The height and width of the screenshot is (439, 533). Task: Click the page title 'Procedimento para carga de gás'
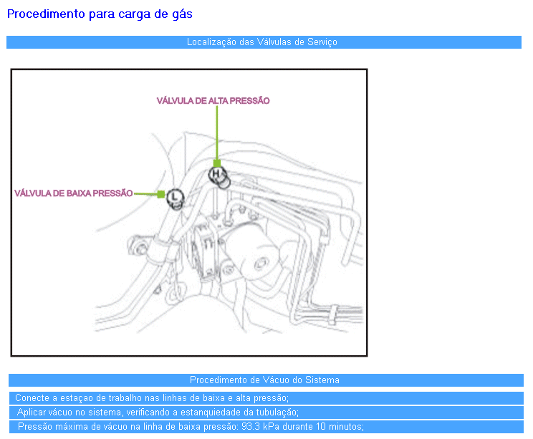(100, 14)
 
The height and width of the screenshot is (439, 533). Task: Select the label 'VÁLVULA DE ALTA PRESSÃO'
(213, 101)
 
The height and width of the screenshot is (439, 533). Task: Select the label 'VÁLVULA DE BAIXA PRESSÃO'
(73, 193)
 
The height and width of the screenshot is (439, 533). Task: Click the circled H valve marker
(216, 174)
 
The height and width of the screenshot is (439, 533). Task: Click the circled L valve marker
(175, 196)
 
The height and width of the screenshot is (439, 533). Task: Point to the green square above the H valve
(217, 163)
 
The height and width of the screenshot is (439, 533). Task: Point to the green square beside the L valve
(161, 194)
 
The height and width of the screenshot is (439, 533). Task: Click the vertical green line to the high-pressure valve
(217, 132)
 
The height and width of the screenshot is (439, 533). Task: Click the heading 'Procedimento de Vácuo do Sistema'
(264, 380)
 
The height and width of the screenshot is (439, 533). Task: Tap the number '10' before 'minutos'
(321, 426)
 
